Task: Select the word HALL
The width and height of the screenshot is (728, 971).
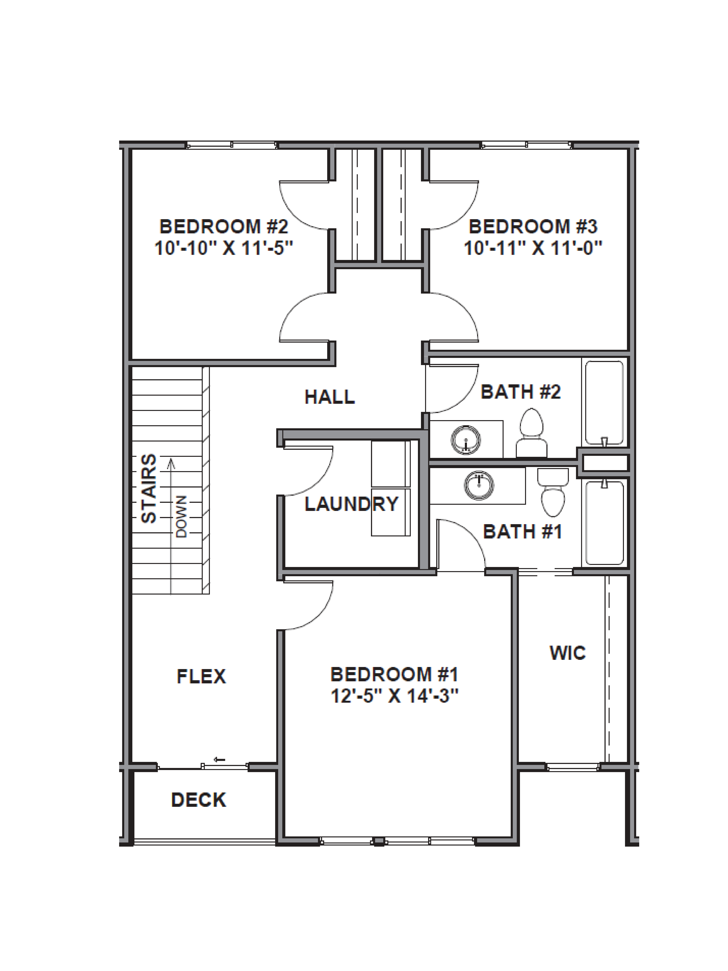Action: point(330,397)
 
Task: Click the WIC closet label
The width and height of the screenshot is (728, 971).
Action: point(567,653)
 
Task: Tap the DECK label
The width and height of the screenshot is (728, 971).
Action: point(198,800)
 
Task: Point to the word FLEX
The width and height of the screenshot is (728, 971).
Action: point(201,676)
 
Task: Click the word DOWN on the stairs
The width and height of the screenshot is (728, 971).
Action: point(181,517)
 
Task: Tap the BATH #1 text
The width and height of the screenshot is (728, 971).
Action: point(522,532)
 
